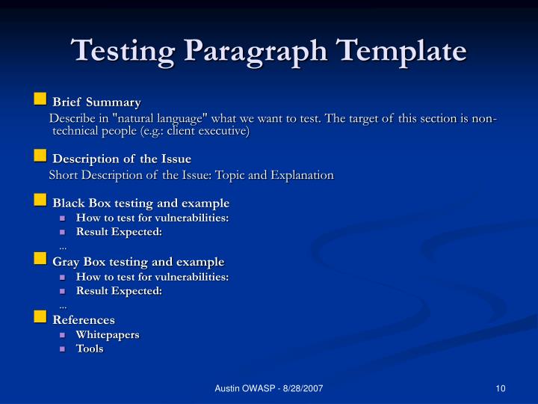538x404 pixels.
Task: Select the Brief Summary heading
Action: [96, 102]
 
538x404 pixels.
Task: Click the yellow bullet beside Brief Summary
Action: [40, 100]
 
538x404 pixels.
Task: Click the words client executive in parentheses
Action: [207, 131]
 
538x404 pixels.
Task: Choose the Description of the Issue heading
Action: [122, 159]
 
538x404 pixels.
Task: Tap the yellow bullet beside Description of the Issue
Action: [40, 156]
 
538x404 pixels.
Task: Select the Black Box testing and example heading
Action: [140, 203]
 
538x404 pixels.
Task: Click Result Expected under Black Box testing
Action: [119, 232]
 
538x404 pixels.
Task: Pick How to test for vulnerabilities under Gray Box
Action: [152, 276]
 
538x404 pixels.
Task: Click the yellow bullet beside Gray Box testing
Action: [40, 260]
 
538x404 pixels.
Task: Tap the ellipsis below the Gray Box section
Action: [63, 304]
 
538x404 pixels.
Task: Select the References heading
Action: [84, 319]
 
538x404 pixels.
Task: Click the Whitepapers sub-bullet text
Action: [108, 334]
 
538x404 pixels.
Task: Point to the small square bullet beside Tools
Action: [64, 349]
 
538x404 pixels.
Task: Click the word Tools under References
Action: [90, 349]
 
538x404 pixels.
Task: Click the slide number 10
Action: [500, 388]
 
